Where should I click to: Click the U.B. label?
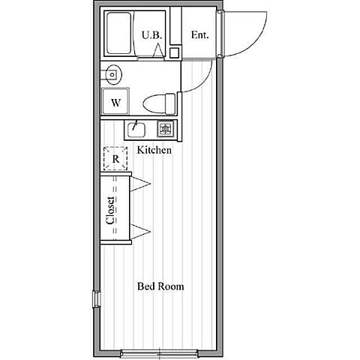click(x=152, y=35)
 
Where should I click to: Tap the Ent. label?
click(x=199, y=35)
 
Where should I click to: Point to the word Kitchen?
click(x=154, y=150)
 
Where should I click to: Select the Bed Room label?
click(x=160, y=286)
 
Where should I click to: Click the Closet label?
click(x=110, y=211)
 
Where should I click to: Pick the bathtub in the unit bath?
click(x=119, y=33)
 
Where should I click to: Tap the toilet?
click(x=159, y=103)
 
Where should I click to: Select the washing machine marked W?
click(x=115, y=101)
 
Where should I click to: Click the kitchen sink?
click(x=136, y=130)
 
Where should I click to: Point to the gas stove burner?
click(x=165, y=129)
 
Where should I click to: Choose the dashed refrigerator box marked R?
click(x=115, y=159)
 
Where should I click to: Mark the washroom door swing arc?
click(x=205, y=81)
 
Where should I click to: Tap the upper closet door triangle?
click(x=140, y=184)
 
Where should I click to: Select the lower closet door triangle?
click(x=140, y=232)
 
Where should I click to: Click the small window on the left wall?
click(x=97, y=299)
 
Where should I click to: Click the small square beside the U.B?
click(x=175, y=52)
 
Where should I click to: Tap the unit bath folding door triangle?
click(x=158, y=50)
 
